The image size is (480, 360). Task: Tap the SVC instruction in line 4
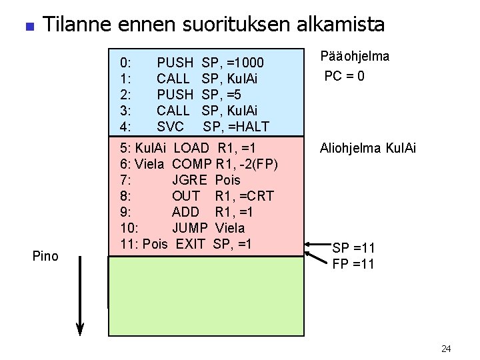click(170, 126)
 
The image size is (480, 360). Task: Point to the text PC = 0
click(344, 76)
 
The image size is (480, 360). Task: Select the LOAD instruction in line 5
click(195, 147)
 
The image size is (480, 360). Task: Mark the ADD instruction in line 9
click(185, 211)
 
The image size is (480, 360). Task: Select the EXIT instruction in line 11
click(191, 243)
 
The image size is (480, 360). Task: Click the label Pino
click(45, 256)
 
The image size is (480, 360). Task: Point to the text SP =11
click(353, 249)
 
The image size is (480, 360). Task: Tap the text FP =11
click(353, 263)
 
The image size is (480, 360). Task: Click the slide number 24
click(447, 348)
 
